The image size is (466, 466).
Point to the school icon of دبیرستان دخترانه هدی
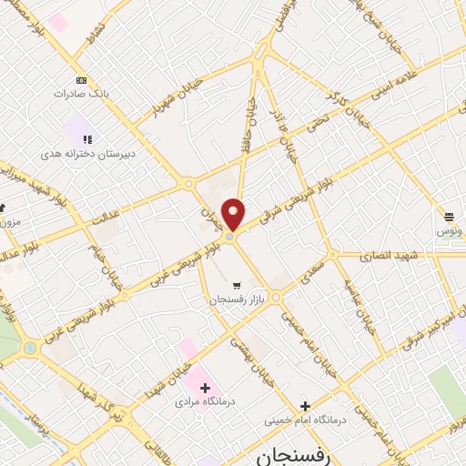tap(87, 139)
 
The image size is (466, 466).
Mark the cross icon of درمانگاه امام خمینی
tap(305, 407)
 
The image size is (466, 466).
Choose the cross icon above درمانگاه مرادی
tap(206, 387)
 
